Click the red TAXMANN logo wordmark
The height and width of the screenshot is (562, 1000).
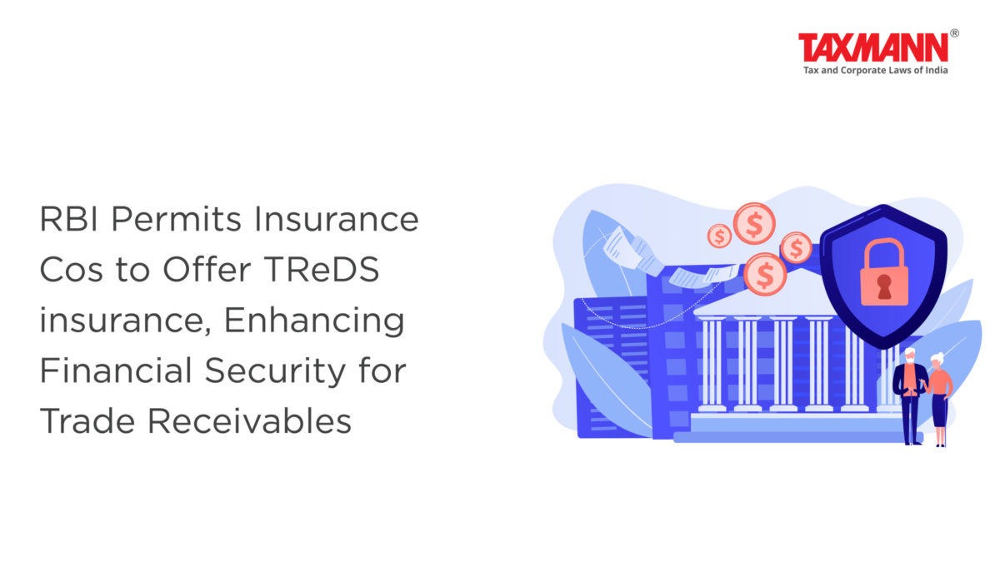point(873,47)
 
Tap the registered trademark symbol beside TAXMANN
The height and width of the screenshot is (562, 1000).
point(954,33)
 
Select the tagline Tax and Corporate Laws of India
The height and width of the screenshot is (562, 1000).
point(876,71)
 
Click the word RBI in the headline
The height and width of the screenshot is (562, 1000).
point(68,219)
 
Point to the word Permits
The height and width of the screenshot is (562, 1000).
point(177,219)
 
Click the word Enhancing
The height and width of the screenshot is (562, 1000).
point(314,321)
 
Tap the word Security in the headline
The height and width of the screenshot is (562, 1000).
point(275,371)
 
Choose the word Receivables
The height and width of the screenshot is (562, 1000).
point(249,421)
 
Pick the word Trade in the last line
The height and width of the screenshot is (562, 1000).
point(87,421)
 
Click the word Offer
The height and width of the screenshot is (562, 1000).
point(207,270)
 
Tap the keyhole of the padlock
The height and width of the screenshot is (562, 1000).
point(884,286)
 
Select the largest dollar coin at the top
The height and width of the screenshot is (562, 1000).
point(754,223)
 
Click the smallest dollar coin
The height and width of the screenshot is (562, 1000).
point(719,236)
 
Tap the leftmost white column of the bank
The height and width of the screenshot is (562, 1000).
point(712,364)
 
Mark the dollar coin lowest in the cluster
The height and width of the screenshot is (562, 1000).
point(765,274)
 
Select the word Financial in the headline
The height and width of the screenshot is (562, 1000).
point(116,371)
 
